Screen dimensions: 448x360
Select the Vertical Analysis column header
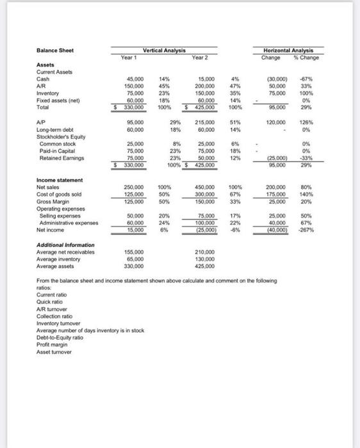(163, 49)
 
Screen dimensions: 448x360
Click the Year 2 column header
(200, 56)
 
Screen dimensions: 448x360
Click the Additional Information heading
(65, 245)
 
